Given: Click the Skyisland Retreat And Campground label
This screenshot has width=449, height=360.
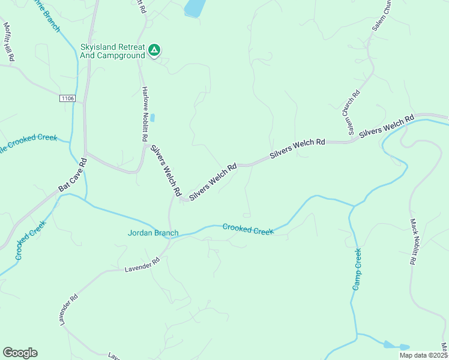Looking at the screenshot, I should click(x=112, y=51).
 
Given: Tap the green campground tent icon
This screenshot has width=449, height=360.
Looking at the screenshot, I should click(x=154, y=50).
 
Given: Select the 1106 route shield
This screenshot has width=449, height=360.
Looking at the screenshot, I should click(x=68, y=98).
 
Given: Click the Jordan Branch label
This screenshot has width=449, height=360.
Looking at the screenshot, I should click(x=153, y=233).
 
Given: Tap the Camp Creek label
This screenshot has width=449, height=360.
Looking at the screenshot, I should click(x=357, y=269).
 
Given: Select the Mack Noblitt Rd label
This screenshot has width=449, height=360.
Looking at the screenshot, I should click(x=413, y=242).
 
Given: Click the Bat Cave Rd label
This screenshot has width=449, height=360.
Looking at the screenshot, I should click(x=73, y=175).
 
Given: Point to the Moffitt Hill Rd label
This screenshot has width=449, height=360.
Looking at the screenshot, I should click(x=9, y=42).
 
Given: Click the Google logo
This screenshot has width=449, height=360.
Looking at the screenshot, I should click(x=20, y=353).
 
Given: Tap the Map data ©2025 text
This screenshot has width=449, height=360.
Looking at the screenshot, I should click(x=423, y=355).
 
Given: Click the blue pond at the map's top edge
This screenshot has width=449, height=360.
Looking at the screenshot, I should click(x=194, y=8).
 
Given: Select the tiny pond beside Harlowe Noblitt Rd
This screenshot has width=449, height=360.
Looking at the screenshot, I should click(x=152, y=118).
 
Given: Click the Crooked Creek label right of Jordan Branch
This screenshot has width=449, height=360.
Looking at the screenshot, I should click(x=248, y=229).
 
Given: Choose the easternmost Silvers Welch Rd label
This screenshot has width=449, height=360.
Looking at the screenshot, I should click(x=387, y=127).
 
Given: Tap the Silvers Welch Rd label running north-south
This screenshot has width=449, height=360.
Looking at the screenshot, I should click(x=166, y=171).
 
